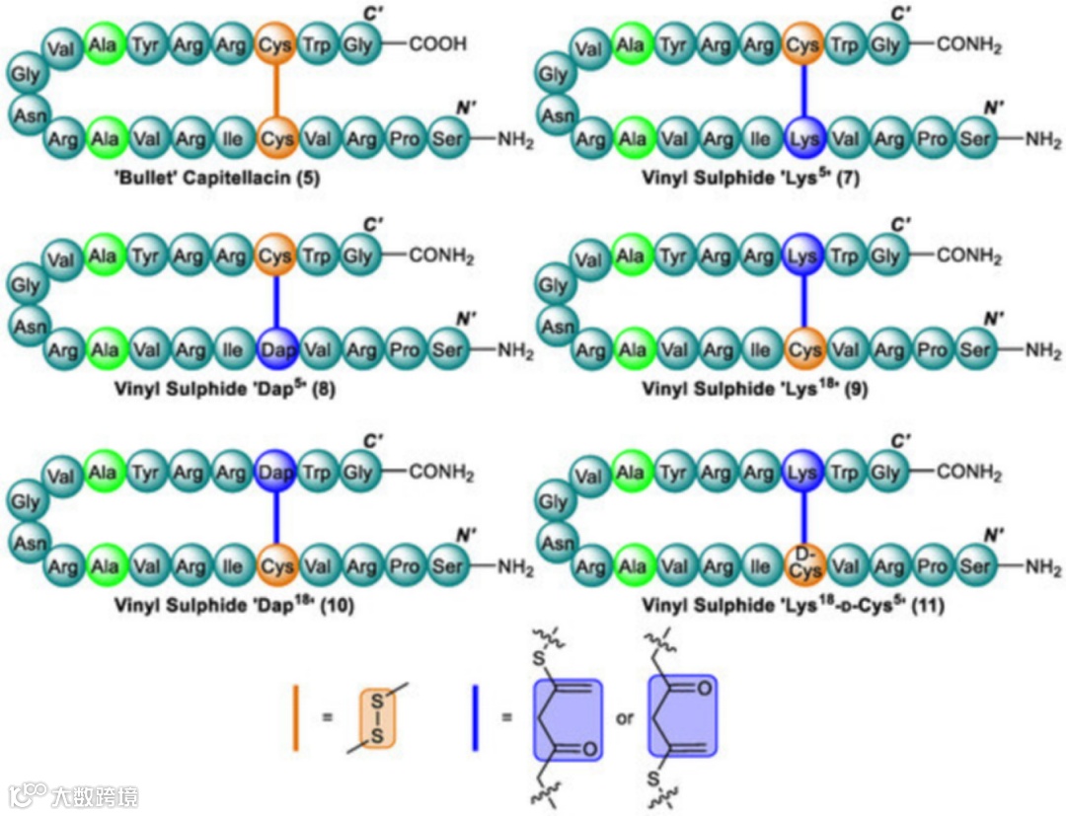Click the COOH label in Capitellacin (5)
439,44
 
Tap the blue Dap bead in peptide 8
276,349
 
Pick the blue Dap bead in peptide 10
276,473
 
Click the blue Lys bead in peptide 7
803,139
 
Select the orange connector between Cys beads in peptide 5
276,92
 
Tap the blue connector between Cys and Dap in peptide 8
276,303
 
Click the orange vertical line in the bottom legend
295,717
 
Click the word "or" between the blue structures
624,718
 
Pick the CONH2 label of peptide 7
968,44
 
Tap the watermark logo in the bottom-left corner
30,794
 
